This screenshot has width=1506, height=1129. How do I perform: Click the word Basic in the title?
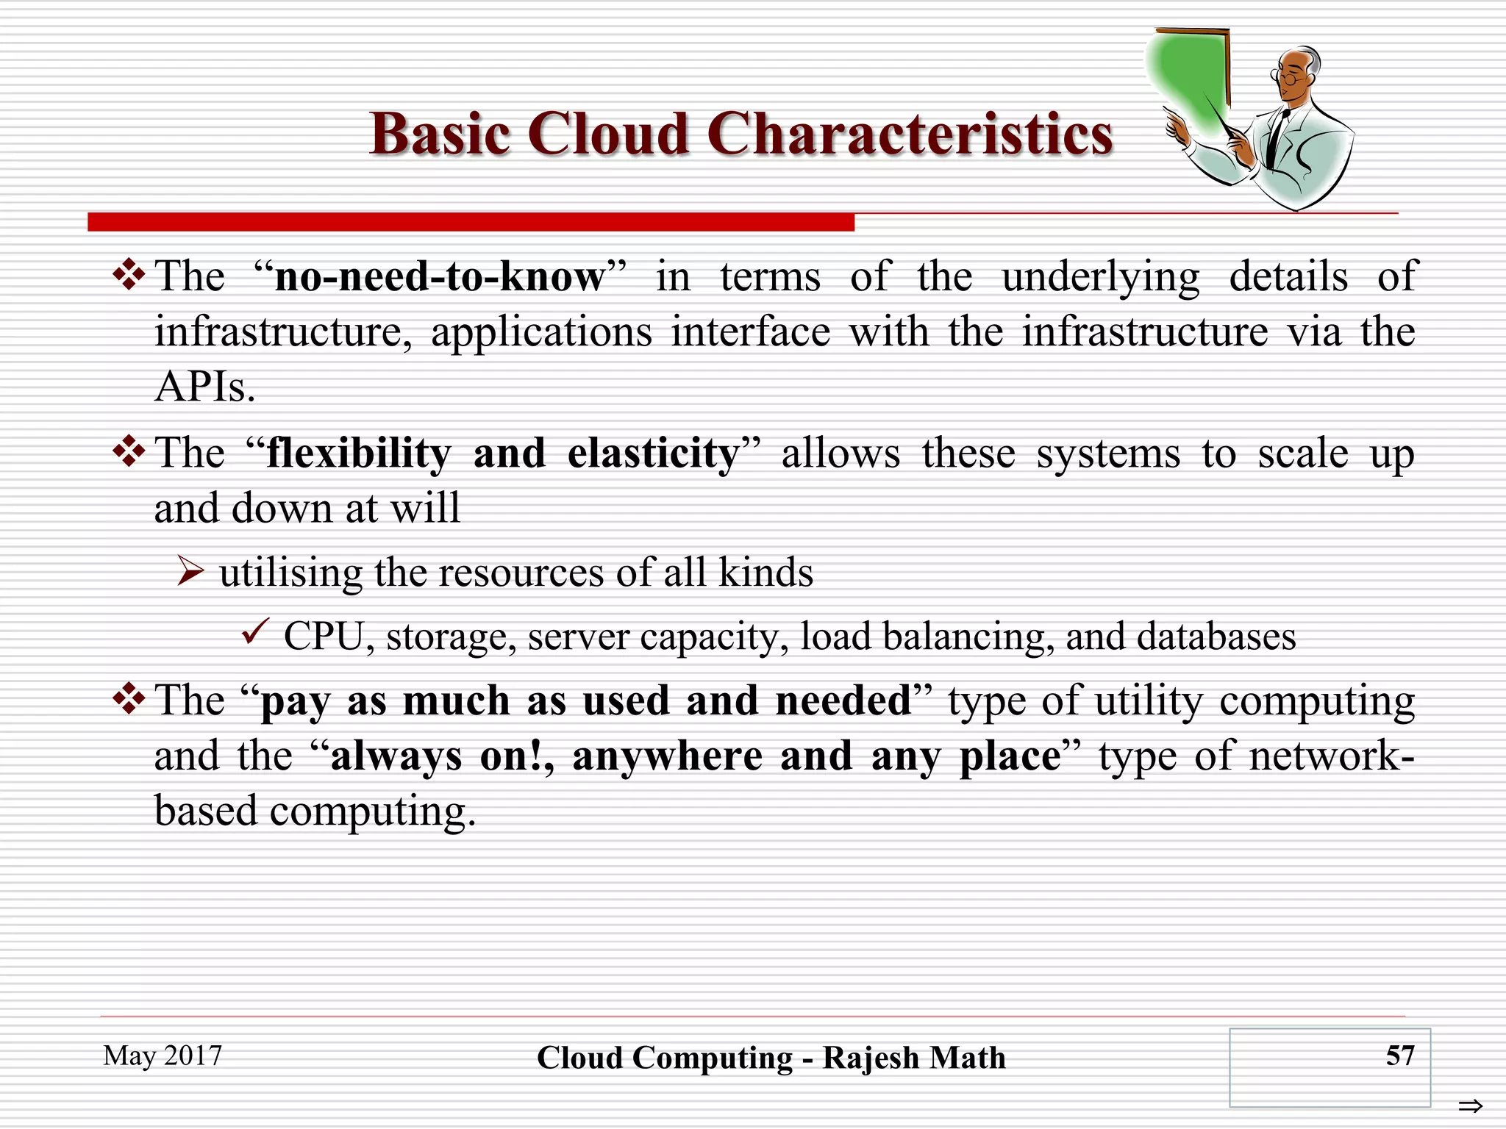point(440,135)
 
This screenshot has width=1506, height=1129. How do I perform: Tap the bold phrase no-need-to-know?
point(439,277)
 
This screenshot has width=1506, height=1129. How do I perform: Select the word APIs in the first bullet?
point(204,387)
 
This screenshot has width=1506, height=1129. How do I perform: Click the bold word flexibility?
point(359,454)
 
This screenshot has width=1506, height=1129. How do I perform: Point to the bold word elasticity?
point(654,454)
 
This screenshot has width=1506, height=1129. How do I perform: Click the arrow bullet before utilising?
point(190,571)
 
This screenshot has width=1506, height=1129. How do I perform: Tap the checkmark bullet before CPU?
point(255,632)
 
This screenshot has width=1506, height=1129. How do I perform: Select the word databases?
point(1216,637)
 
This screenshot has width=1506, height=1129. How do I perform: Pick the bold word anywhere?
point(668,756)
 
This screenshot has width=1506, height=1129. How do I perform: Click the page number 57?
point(1399,1055)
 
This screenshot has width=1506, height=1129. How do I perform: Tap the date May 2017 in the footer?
point(163,1055)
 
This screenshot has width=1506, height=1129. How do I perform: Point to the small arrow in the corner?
point(1470,1105)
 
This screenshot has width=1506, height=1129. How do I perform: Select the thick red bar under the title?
point(471,222)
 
